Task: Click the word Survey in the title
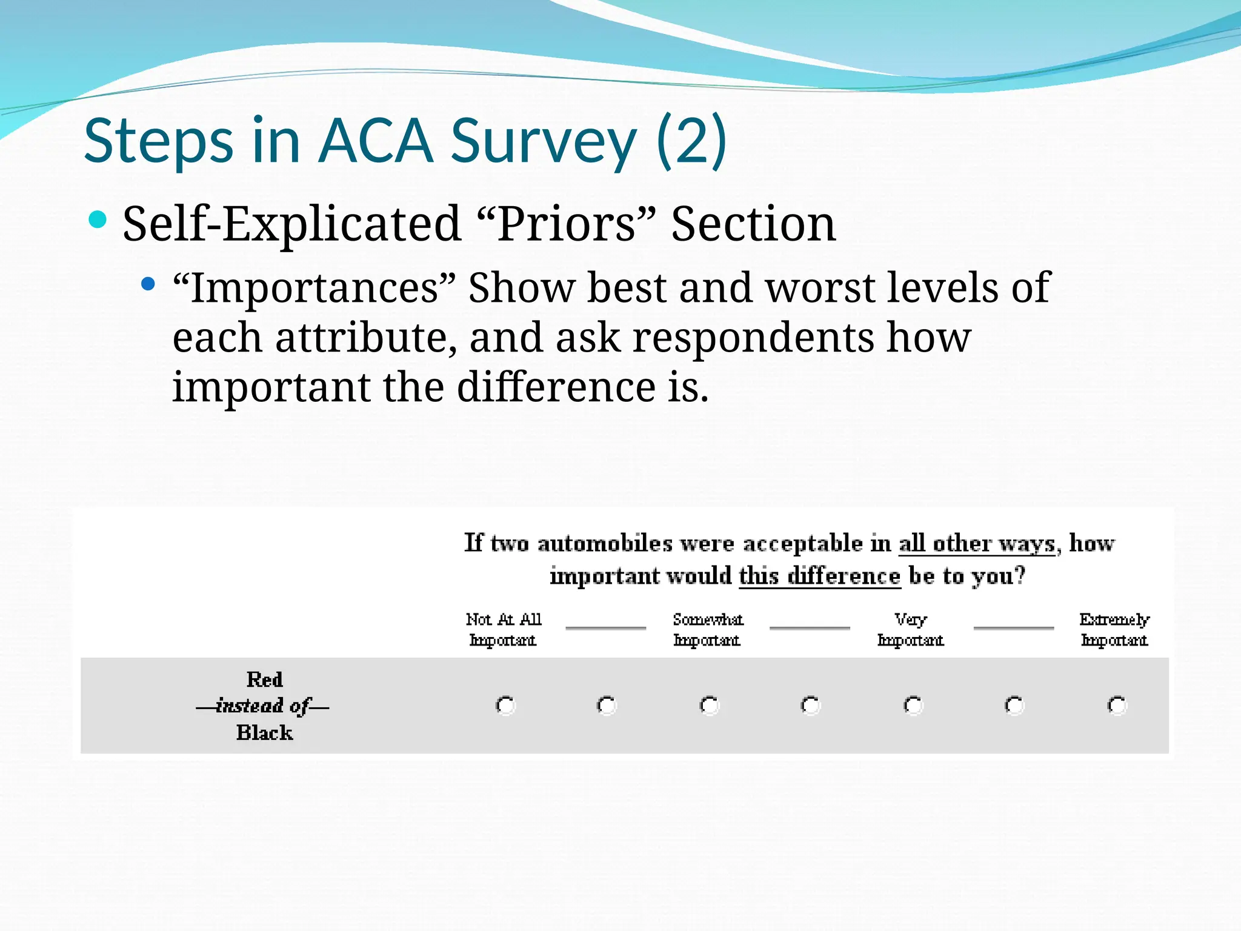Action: (x=544, y=141)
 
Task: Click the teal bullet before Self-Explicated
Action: (x=97, y=219)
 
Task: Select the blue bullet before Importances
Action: (x=147, y=283)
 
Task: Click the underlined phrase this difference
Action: (x=819, y=576)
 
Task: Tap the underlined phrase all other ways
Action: (x=977, y=543)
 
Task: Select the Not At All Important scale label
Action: (x=504, y=630)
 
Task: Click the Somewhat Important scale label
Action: (x=708, y=630)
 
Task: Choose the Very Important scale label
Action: (x=911, y=630)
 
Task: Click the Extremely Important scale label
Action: (x=1114, y=630)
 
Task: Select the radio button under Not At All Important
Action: (x=505, y=706)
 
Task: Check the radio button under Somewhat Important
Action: (x=709, y=706)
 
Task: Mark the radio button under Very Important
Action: (x=913, y=706)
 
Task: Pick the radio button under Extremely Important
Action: (x=1117, y=706)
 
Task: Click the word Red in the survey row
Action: (x=265, y=679)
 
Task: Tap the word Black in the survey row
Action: (x=265, y=733)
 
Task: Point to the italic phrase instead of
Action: (x=262, y=706)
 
